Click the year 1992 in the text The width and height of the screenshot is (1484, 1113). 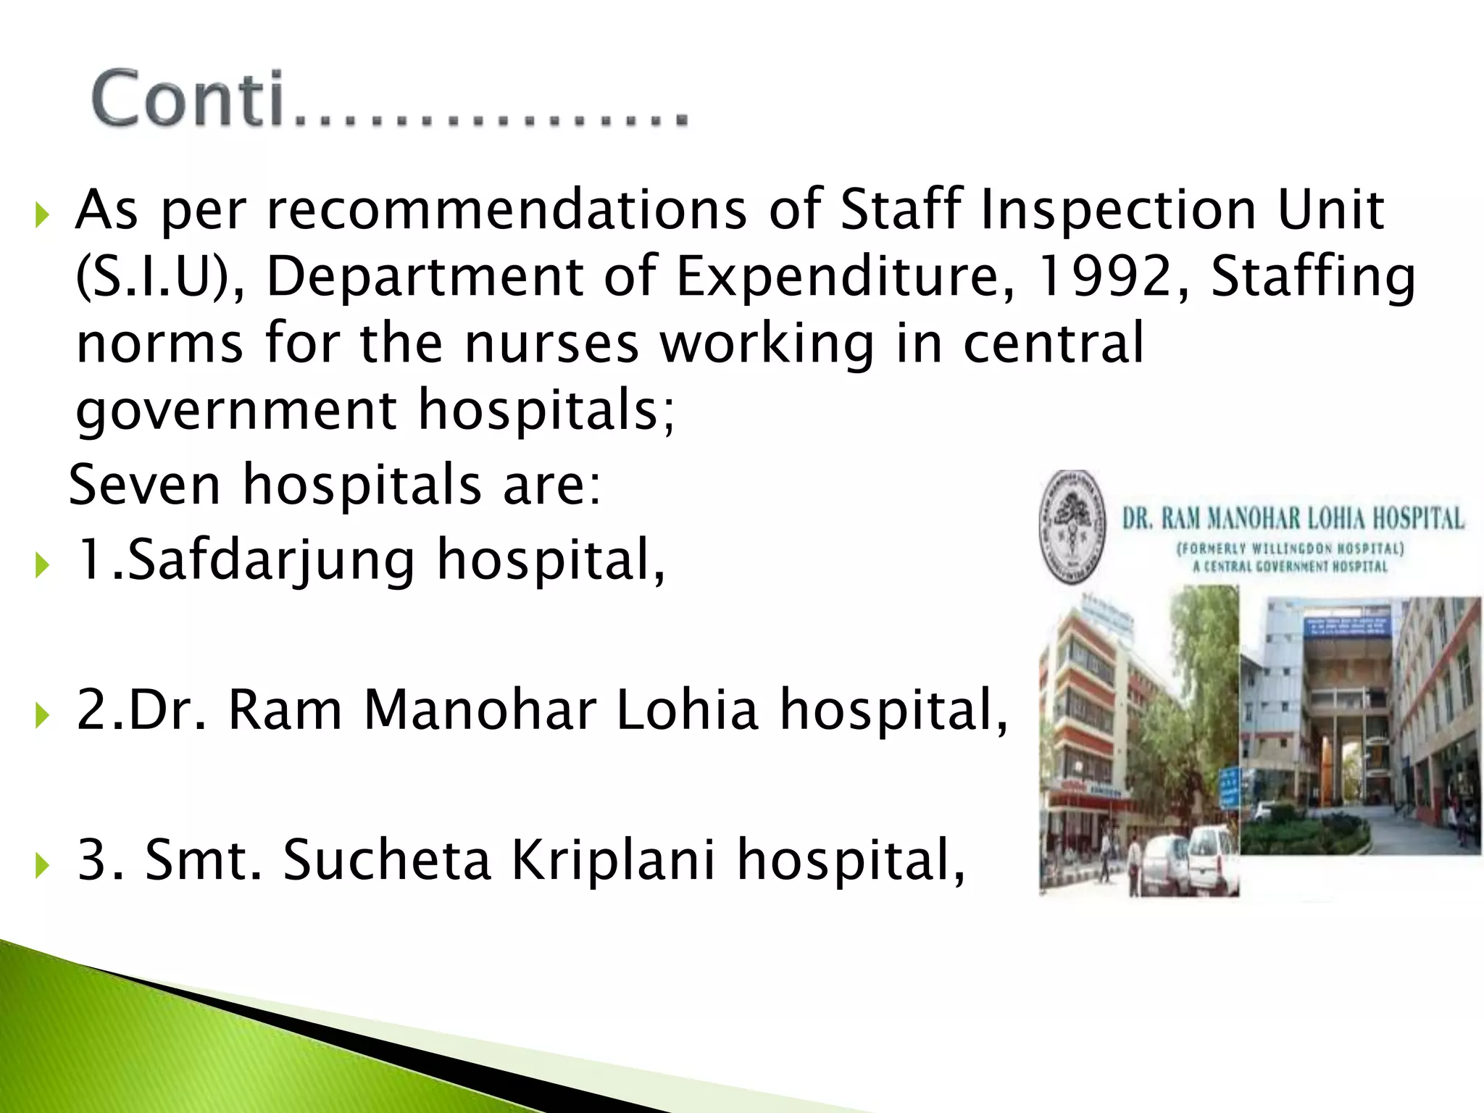pos(1102,277)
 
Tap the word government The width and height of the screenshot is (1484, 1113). pos(236,410)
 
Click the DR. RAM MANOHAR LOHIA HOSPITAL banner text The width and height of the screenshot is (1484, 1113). pos(1293,519)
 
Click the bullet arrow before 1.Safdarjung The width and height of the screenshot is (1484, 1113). pos(42,564)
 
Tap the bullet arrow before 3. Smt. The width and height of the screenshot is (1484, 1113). pos(42,864)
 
